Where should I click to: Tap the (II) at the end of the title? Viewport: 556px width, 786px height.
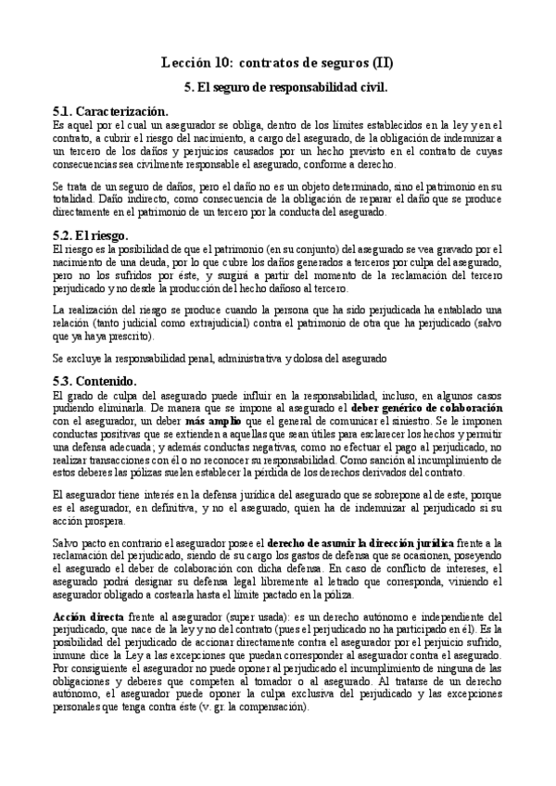pos(380,63)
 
